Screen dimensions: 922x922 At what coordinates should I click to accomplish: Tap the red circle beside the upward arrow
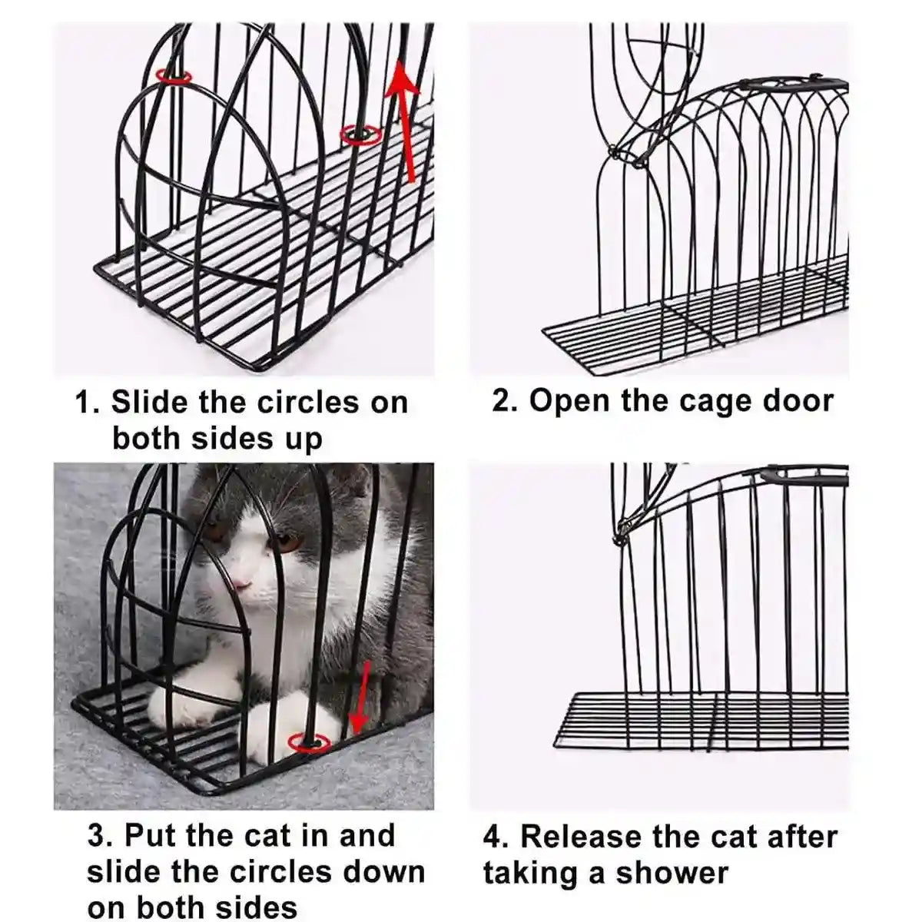point(361,135)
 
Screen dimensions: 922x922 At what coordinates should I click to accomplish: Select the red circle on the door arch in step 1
point(174,76)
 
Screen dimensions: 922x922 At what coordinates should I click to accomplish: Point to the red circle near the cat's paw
point(309,742)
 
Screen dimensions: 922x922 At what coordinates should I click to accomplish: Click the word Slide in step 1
point(150,402)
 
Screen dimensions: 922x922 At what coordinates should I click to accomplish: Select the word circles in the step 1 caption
point(308,402)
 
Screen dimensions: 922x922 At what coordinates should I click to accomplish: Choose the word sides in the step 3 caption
point(254,907)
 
